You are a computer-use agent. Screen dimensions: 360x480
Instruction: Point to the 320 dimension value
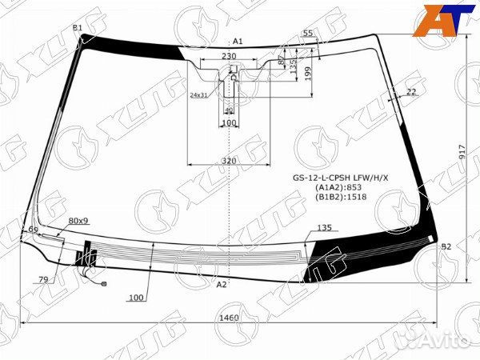[x=229, y=161]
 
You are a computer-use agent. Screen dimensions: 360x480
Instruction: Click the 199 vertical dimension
[x=308, y=74]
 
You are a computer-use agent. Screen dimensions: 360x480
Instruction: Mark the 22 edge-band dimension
[x=411, y=92]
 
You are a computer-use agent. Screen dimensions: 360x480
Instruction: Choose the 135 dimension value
[x=324, y=228]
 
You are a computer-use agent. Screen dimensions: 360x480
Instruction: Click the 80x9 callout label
[x=78, y=220]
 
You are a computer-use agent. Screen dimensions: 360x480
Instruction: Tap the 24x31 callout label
[x=198, y=95]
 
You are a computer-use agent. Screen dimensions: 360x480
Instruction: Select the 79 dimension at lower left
[x=42, y=279]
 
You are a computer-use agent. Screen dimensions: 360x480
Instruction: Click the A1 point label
[x=238, y=41]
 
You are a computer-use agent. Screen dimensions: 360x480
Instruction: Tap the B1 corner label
[x=78, y=28]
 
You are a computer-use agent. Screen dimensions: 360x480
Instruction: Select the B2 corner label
[x=446, y=247]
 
